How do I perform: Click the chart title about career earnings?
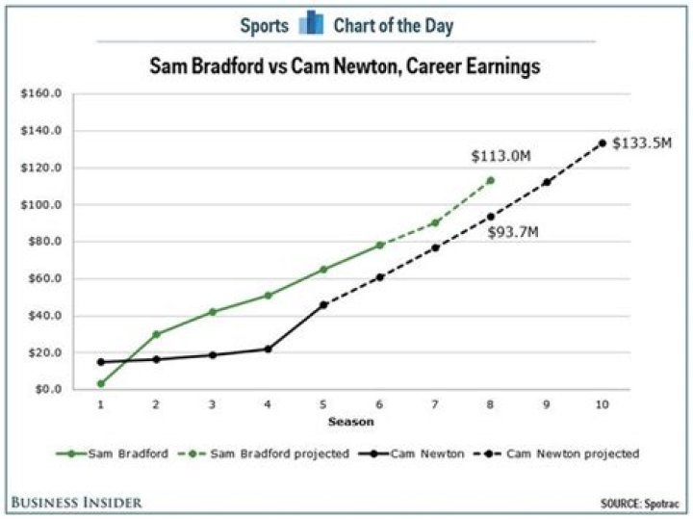345,67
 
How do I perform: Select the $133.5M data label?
642,143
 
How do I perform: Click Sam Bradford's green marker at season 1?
100,383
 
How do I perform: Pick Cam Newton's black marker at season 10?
603,143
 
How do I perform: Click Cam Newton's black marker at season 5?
323,304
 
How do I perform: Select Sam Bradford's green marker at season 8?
491,180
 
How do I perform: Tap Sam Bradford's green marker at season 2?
156,334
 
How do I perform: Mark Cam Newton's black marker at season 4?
268,349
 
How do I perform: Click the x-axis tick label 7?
435,406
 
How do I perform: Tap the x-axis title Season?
351,421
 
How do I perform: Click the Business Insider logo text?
77,502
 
